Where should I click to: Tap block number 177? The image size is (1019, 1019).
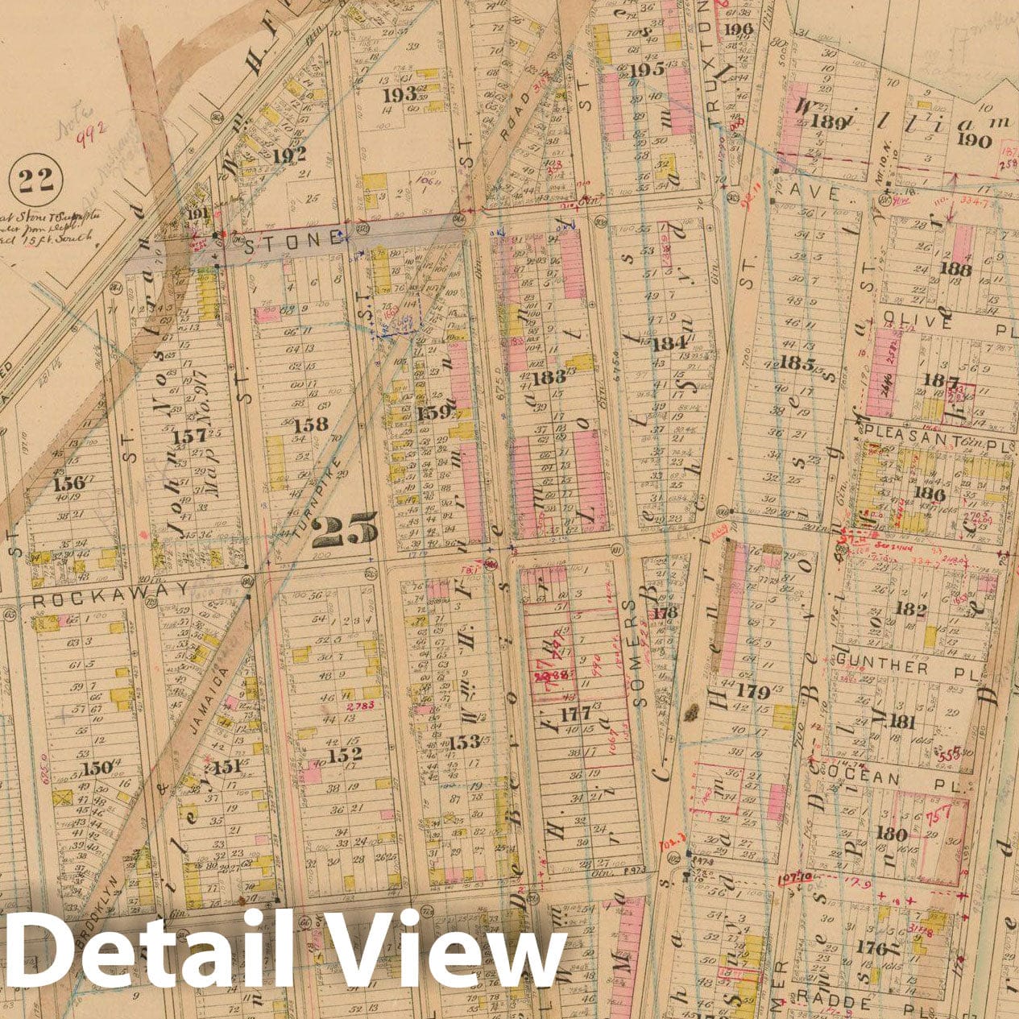(x=576, y=713)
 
